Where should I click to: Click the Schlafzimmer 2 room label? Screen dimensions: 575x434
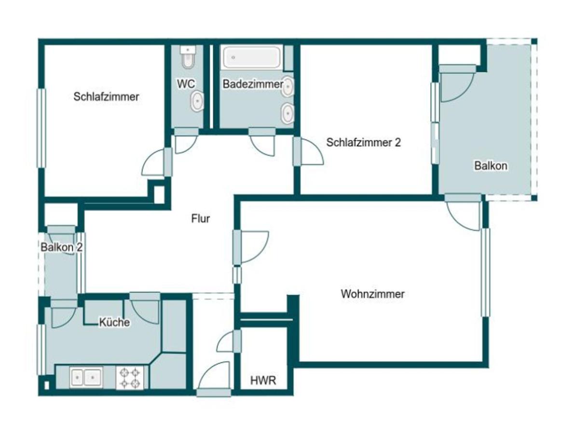363,142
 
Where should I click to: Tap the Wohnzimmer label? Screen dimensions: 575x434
372,294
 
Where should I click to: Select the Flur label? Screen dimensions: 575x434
201,219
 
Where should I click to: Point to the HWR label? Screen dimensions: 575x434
263,380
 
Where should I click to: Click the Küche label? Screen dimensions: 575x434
114,322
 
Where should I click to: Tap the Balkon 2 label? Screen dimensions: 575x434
61,247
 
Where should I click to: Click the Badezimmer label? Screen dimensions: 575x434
253,84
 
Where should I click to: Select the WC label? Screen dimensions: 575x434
186,84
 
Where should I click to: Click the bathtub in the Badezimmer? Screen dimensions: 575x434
252,57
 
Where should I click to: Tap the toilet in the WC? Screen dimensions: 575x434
189,57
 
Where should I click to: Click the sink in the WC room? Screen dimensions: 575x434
197,101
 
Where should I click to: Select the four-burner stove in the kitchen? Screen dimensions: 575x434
130,378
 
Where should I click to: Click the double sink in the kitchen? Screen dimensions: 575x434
86,377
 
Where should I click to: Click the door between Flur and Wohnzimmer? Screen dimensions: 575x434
251,247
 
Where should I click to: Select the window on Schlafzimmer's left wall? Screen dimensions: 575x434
41,128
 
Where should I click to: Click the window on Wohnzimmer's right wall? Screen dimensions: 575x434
486,272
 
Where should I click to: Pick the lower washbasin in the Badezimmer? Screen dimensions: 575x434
287,113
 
